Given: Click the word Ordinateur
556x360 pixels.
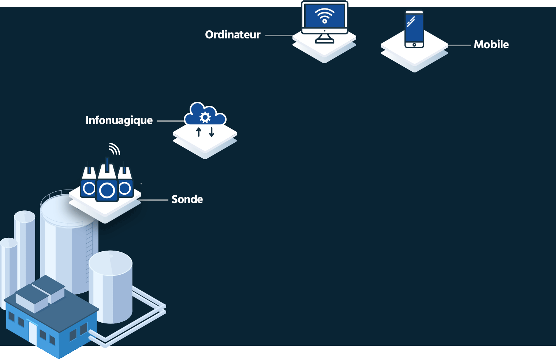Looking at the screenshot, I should pyautogui.click(x=233, y=35).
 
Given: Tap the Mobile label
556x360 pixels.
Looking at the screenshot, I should pyautogui.click(x=491, y=45).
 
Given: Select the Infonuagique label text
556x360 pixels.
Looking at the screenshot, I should pyautogui.click(x=119, y=120).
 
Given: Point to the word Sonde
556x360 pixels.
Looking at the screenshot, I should pyautogui.click(x=187, y=199).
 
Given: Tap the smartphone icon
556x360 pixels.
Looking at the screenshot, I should pyautogui.click(x=414, y=29).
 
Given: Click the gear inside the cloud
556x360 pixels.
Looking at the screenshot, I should pyautogui.click(x=205, y=117).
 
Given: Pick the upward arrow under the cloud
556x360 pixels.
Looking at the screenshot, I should pyautogui.click(x=199, y=132).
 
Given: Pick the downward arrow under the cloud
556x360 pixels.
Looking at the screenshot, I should pyautogui.click(x=212, y=132).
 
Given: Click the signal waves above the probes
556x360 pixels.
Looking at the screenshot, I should pyautogui.click(x=115, y=149).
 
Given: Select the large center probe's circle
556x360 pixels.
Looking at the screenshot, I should pyautogui.click(x=107, y=191).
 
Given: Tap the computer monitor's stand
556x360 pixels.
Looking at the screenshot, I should pyautogui.click(x=325, y=38).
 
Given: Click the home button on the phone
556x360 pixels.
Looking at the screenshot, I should pyautogui.click(x=414, y=45).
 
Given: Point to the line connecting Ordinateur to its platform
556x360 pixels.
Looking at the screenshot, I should pyautogui.click(x=279, y=35).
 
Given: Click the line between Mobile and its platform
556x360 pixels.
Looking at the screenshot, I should pyautogui.click(x=459, y=45).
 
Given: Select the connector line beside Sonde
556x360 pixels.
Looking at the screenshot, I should pyautogui.click(x=154, y=200).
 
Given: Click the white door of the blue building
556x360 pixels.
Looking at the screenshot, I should pyautogui.click(x=33, y=332).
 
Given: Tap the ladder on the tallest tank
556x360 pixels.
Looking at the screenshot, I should pyautogui.click(x=89, y=252).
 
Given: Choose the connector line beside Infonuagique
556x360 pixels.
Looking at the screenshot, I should pyautogui.click(x=170, y=121).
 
